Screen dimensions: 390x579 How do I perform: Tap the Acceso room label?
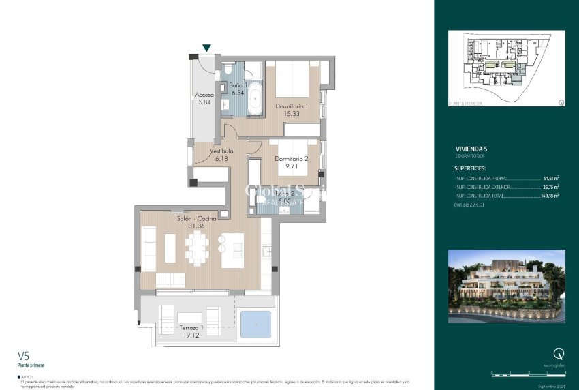(204, 95)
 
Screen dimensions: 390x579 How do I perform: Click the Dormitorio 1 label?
(292, 106)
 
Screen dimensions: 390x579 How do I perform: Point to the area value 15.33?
(292, 114)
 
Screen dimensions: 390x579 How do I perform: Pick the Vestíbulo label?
(221, 151)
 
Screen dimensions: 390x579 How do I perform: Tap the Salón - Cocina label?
(197, 218)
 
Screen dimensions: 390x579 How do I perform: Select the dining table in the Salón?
(198, 248)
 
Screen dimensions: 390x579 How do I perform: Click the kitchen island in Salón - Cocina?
(232, 250)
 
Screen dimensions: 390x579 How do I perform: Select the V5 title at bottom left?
(23, 355)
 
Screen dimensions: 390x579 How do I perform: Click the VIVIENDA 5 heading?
(471, 149)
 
